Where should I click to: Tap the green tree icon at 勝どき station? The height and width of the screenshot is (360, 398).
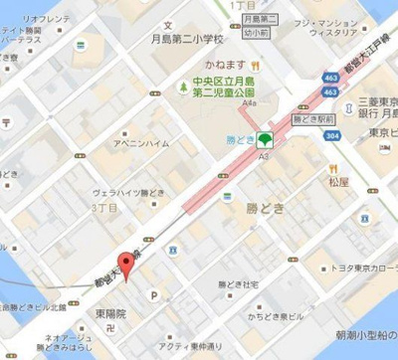[x=265, y=138]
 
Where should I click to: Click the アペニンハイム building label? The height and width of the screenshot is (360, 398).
[x=141, y=143]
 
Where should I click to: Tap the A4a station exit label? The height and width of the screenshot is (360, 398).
[x=249, y=102]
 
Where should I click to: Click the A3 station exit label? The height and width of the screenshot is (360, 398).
[x=264, y=154]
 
